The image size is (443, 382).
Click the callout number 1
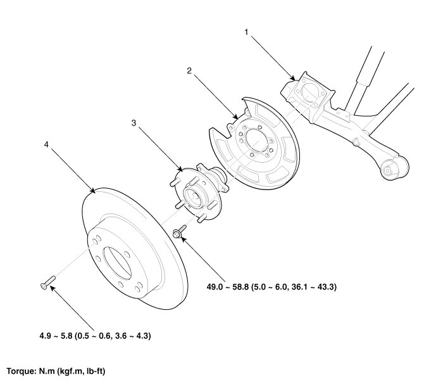tap(247, 30)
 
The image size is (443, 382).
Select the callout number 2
tap(189, 71)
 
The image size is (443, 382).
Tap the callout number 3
tap(133, 123)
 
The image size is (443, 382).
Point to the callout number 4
tap(46, 144)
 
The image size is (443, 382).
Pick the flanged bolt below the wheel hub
tap(179, 232)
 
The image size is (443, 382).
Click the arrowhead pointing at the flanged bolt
tap(184, 241)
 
